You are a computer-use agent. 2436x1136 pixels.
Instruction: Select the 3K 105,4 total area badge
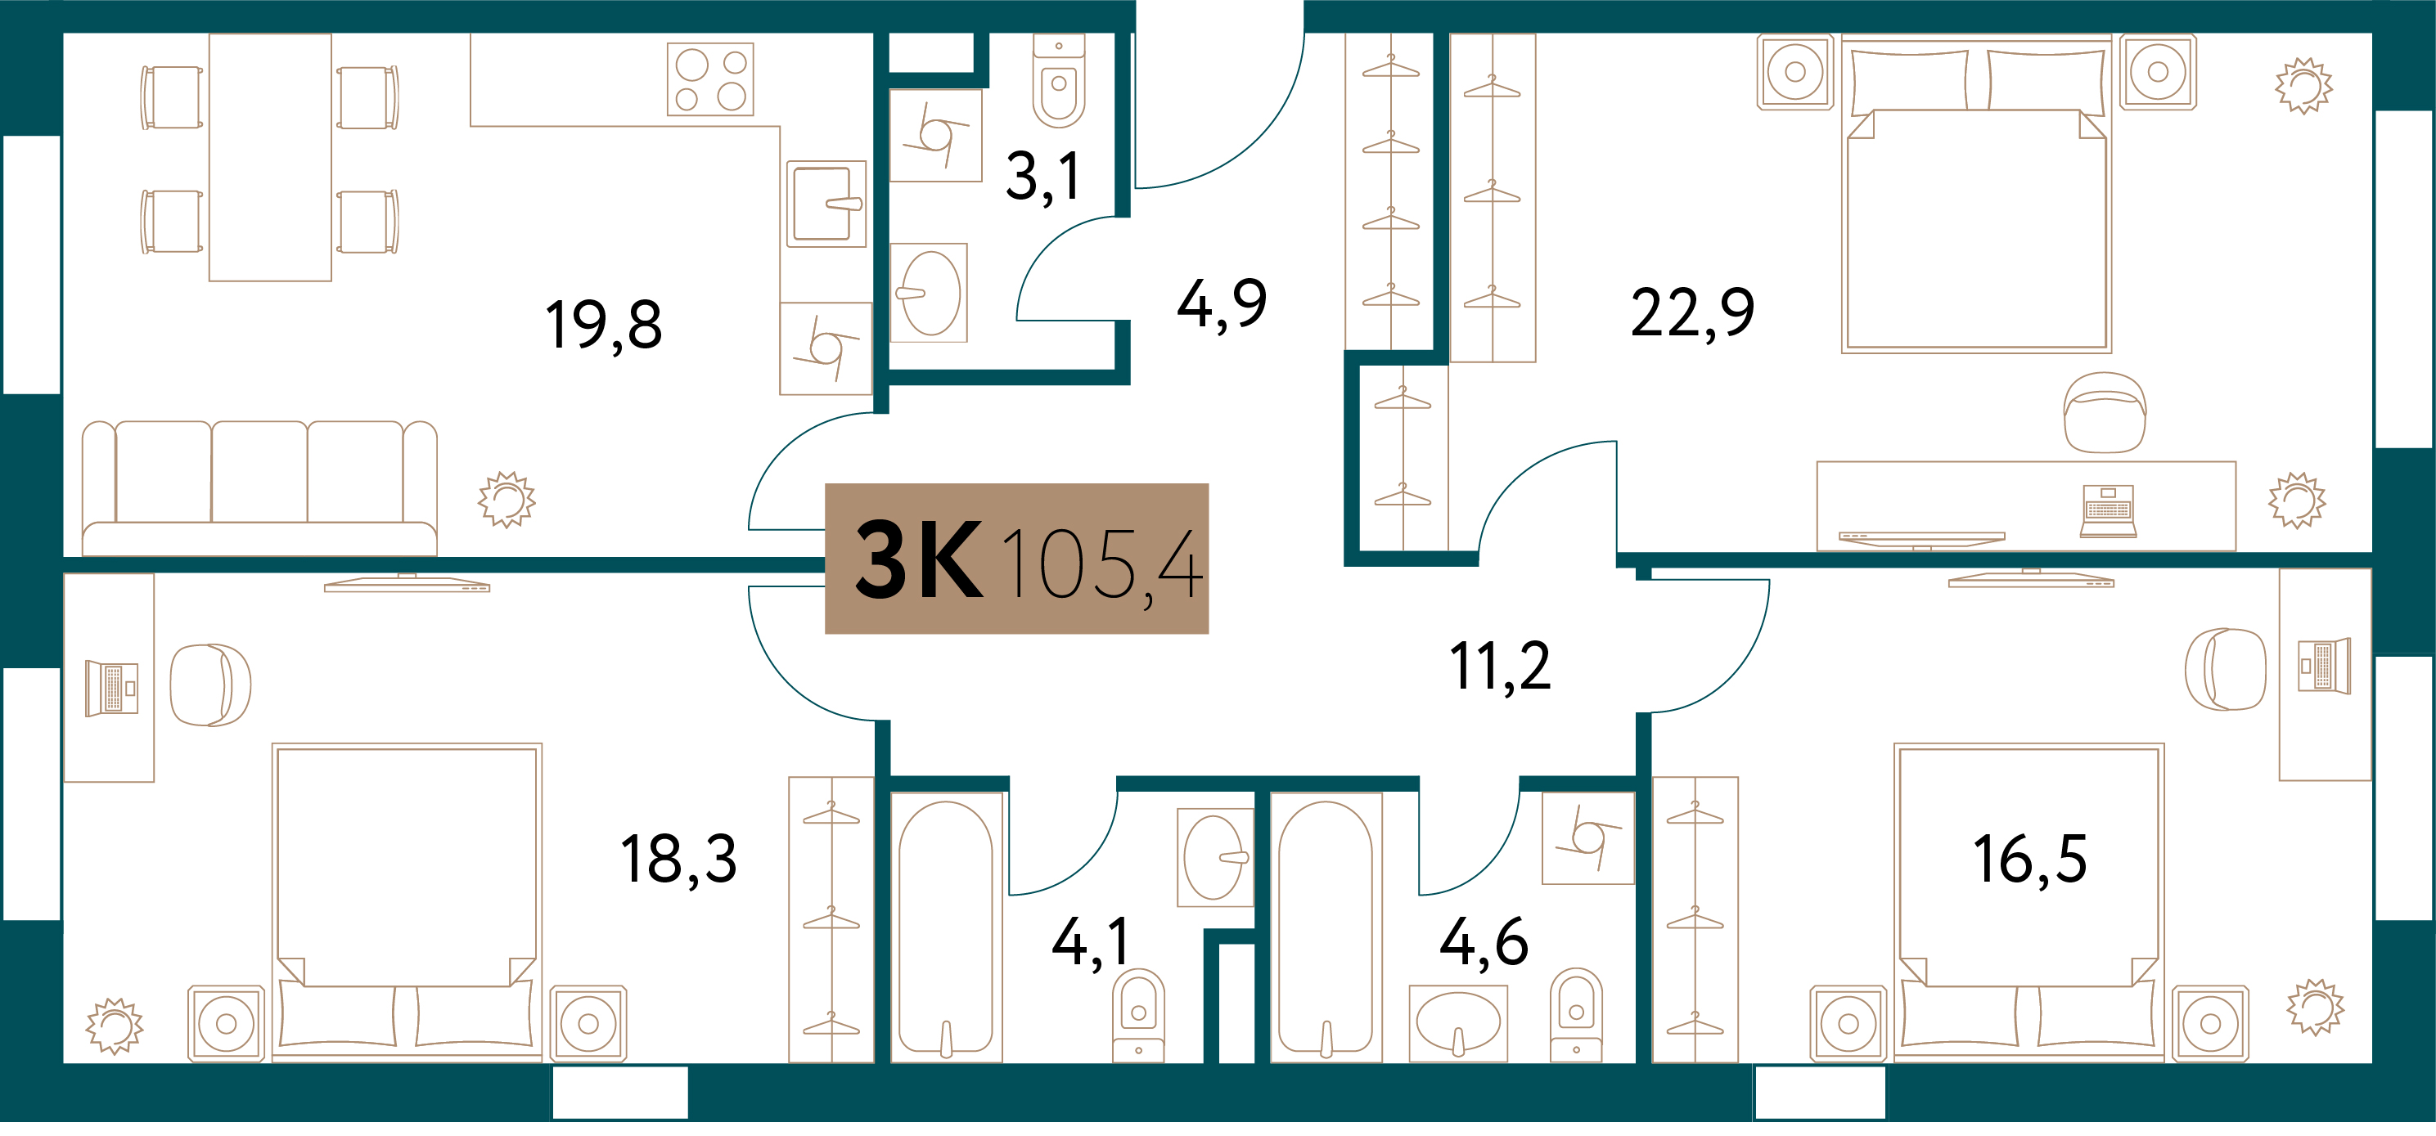tap(1016, 559)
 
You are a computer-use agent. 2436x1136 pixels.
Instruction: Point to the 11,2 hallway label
tap(1500, 667)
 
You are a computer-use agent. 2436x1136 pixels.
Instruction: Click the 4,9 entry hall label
tap(1222, 304)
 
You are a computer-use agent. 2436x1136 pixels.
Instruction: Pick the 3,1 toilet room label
tap(1043, 177)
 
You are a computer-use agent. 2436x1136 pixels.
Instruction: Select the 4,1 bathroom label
tap(1090, 943)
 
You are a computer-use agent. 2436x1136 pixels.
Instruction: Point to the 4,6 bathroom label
tap(1483, 943)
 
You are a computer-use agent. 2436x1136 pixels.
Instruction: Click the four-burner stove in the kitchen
tap(710, 79)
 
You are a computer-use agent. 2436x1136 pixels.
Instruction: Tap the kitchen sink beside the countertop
tap(826, 204)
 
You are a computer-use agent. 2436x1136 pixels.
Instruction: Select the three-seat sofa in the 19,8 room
tap(259, 488)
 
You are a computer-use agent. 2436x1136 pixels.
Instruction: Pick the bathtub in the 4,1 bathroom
tap(946, 928)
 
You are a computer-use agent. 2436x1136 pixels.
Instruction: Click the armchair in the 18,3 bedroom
tap(210, 685)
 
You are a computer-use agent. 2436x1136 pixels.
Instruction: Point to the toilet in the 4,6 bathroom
tap(1575, 1015)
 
